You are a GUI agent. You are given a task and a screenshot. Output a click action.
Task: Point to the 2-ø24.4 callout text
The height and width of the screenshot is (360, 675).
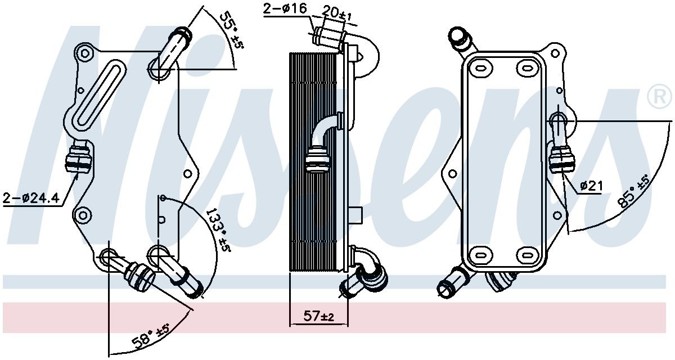click(30, 198)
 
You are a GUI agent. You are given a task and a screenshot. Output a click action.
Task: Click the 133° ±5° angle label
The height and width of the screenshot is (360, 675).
click(218, 231)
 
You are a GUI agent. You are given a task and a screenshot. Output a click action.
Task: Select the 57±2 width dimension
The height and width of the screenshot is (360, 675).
click(318, 317)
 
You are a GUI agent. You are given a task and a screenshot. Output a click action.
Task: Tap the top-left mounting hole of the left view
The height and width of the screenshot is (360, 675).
click(84, 55)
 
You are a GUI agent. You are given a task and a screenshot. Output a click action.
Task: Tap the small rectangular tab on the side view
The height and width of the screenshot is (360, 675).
click(356, 214)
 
